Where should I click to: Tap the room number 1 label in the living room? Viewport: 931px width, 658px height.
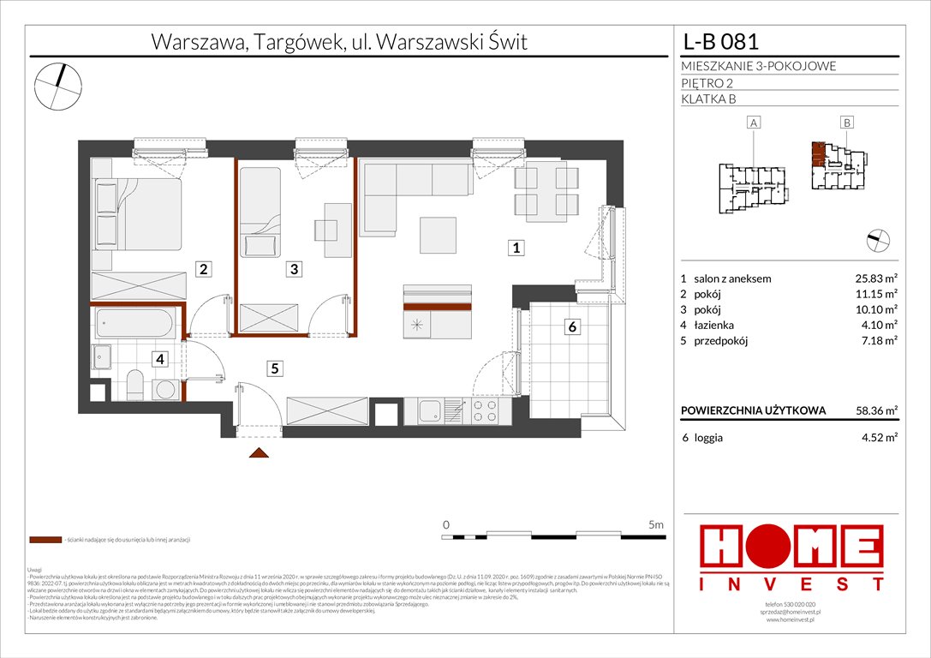point(516,248)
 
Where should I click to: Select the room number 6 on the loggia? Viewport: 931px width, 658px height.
point(572,326)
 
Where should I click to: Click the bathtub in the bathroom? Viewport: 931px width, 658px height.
point(136,323)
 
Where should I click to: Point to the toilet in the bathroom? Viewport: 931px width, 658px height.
point(134,384)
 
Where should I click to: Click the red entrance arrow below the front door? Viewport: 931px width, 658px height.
point(260,454)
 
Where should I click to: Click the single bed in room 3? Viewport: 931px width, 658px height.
point(259,211)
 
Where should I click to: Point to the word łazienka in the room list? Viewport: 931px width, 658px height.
point(715,325)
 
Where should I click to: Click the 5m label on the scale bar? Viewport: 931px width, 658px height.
point(655,523)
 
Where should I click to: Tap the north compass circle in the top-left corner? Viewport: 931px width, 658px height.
point(58,87)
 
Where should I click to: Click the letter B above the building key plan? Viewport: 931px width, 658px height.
point(846,123)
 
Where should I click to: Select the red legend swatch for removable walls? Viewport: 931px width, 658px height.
point(44,541)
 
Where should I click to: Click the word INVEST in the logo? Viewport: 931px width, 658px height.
point(791,583)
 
